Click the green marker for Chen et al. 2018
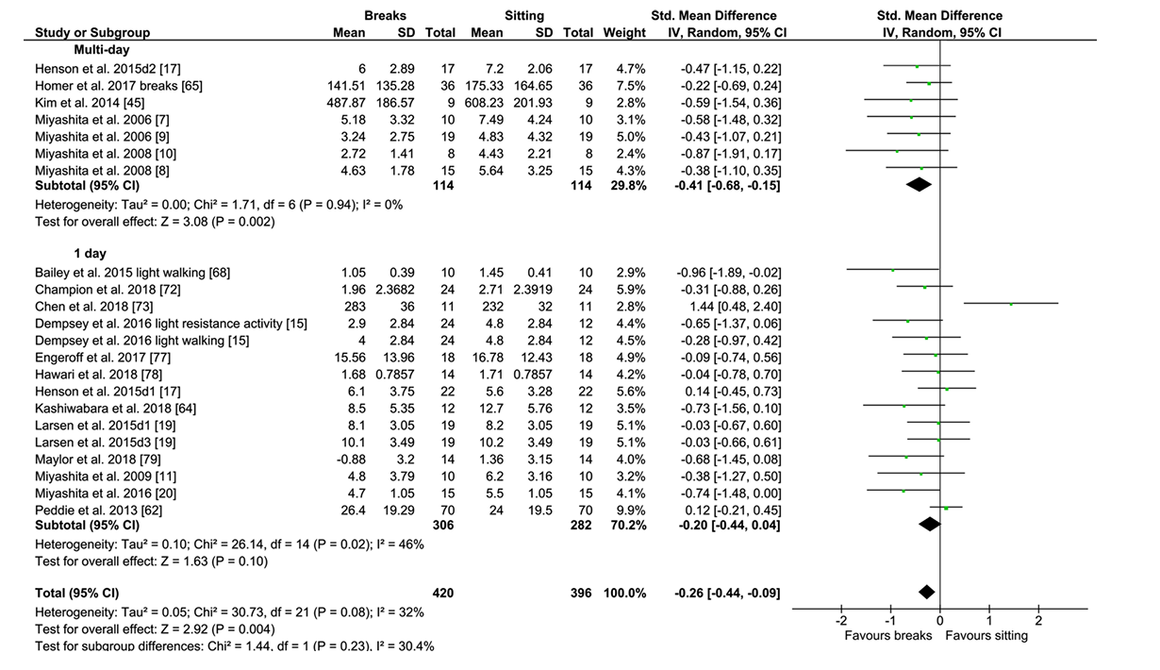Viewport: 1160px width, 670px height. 1011,304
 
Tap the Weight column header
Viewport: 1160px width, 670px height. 625,33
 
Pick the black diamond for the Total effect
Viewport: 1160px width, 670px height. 926,592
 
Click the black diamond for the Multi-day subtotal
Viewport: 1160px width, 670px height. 919,186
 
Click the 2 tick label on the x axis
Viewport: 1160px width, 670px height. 1038,621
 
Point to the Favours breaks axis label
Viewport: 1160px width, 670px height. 887,635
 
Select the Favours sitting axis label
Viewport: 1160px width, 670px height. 986,635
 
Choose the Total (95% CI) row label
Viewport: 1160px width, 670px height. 76,594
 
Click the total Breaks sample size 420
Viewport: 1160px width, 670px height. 442,594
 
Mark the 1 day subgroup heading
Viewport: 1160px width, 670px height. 91,254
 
